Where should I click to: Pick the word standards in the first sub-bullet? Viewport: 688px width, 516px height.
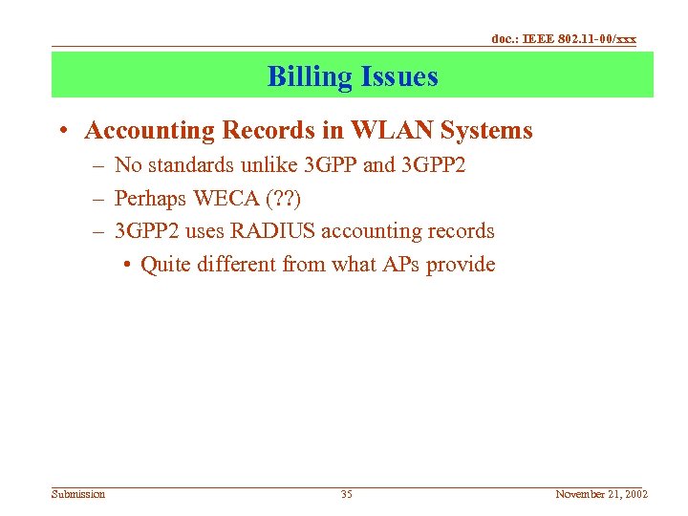[189, 165]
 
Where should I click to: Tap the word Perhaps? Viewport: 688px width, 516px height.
[150, 199]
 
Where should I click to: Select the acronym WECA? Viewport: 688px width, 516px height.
[225, 199]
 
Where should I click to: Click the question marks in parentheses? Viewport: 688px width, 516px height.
[284, 199]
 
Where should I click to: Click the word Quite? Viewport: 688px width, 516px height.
[165, 265]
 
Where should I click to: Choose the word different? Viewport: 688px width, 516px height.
[237, 265]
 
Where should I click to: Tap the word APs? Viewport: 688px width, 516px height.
[398, 265]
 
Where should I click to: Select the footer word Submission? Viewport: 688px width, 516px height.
[78, 494]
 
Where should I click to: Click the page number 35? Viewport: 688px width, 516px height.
[346, 494]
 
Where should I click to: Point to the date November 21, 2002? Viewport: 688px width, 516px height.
[602, 494]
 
